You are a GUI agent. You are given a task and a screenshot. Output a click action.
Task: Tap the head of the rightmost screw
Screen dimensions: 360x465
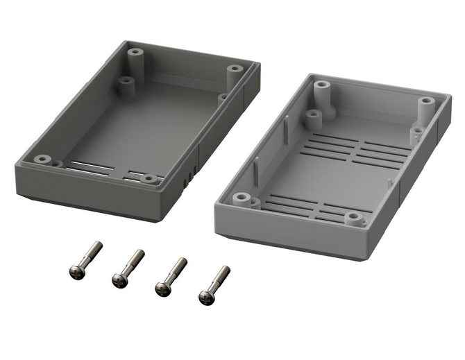click(205, 297)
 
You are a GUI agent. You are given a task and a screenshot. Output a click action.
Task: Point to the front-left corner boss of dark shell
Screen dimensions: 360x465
click(44, 160)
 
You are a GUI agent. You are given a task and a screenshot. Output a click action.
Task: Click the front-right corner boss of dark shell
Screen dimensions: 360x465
click(148, 179)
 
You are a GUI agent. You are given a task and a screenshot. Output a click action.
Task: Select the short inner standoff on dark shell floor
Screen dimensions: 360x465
click(126, 85)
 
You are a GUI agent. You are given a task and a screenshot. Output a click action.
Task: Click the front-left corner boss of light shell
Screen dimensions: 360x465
click(241, 199)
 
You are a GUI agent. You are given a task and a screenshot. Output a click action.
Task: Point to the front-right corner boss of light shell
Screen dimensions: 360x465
click(354, 220)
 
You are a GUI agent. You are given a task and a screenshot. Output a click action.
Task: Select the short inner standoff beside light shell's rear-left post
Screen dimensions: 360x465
click(314, 118)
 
